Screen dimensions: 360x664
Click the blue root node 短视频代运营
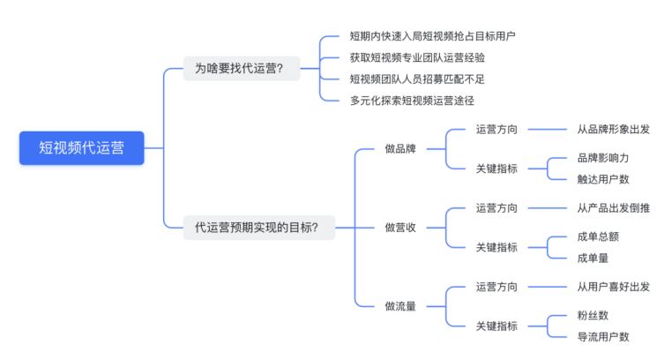point(81,148)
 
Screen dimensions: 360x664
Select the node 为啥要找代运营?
point(241,68)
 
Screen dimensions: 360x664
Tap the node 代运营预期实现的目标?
point(257,228)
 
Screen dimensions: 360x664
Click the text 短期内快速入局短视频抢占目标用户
point(432,36)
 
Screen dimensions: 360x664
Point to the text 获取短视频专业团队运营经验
point(417,57)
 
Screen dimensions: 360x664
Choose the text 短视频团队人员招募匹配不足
point(417,79)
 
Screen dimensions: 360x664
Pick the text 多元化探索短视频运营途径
point(412,100)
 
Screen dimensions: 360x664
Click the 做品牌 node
point(400,148)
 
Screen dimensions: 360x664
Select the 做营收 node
point(400,228)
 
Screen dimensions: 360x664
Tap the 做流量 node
point(400,306)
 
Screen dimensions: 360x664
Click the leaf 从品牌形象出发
point(613,129)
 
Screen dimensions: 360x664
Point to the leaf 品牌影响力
point(603,157)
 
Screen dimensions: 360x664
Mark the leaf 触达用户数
point(603,178)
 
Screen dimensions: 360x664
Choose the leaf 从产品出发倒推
point(613,208)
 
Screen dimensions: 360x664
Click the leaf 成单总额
point(598,237)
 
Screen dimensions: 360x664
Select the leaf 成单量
point(593,258)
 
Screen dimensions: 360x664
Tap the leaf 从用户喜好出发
point(613,287)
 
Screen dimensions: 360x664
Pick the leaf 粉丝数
point(593,315)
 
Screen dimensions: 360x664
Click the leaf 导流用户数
point(603,336)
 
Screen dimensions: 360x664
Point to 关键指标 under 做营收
point(496,247)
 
